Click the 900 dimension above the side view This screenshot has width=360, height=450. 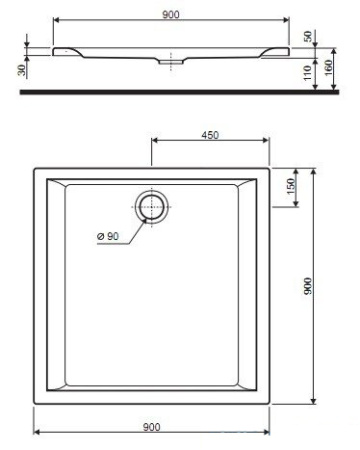coord(171,15)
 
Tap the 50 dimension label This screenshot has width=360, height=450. coord(308,36)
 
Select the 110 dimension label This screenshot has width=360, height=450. coord(307,73)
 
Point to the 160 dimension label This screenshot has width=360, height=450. coord(328,68)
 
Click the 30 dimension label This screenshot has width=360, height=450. coord(22,70)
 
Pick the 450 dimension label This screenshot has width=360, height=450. coord(210,135)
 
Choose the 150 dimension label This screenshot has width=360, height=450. coord(291,186)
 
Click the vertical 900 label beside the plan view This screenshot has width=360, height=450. coord(308,286)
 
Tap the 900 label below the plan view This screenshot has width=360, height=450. coord(151,427)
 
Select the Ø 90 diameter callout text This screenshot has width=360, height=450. coord(108,236)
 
